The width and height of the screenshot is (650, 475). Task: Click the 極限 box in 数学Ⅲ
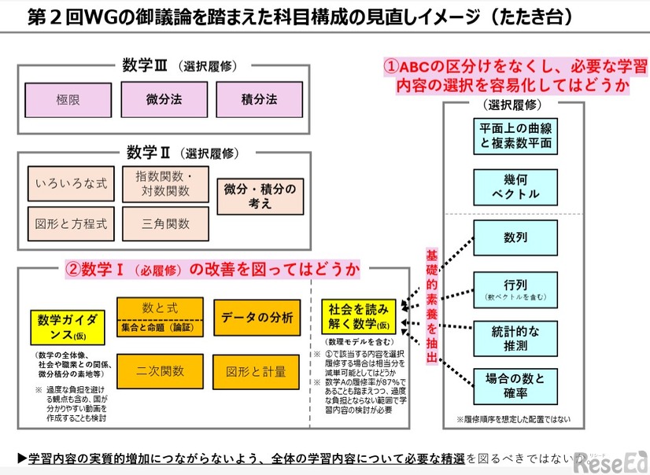[68, 100]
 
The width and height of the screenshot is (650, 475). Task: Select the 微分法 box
[164, 100]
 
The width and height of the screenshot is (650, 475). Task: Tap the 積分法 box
[259, 100]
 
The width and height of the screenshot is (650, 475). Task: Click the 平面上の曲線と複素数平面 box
[515, 136]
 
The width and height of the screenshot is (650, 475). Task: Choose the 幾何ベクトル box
[515, 187]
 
